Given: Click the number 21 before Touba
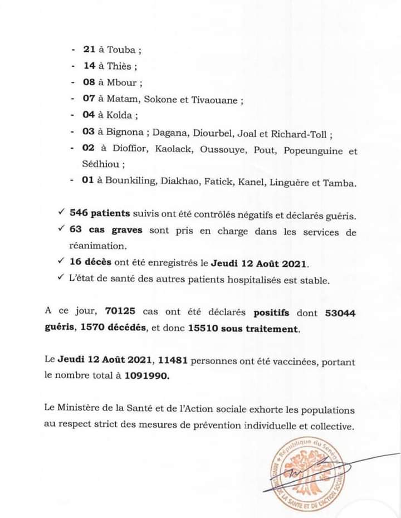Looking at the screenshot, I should [x=90, y=50].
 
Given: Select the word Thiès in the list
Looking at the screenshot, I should [x=120, y=66].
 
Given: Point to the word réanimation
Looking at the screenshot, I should [x=96, y=245].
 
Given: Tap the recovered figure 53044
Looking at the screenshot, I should [x=339, y=314].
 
